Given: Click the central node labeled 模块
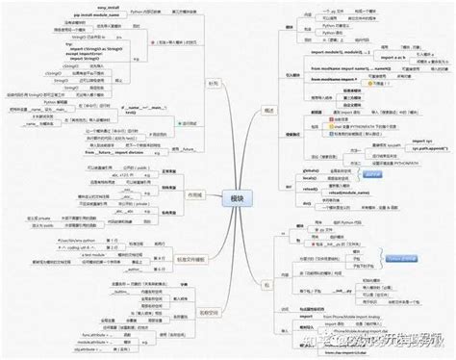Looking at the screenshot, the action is coord(232,198).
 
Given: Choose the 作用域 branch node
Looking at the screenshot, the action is coord(194,194).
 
